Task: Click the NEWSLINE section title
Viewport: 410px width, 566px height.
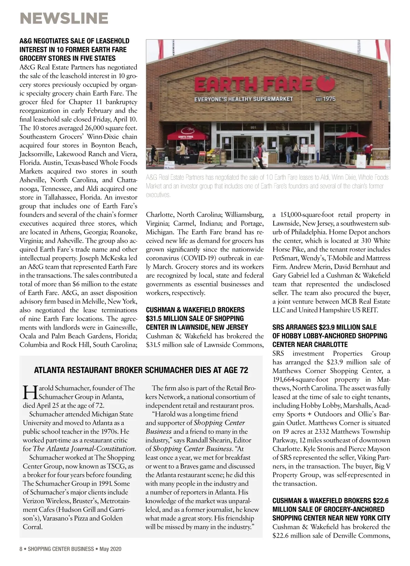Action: pos(64,18)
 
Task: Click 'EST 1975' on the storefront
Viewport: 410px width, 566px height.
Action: pos(325,99)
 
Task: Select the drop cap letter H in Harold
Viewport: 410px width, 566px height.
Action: pos(29,392)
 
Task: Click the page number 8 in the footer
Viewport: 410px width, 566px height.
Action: pos(21,549)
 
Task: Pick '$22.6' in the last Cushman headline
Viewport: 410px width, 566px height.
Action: pos(381,501)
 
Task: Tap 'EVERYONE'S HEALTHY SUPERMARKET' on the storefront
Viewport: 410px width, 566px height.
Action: pos(243,99)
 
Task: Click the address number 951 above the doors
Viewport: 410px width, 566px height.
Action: pos(253,127)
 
